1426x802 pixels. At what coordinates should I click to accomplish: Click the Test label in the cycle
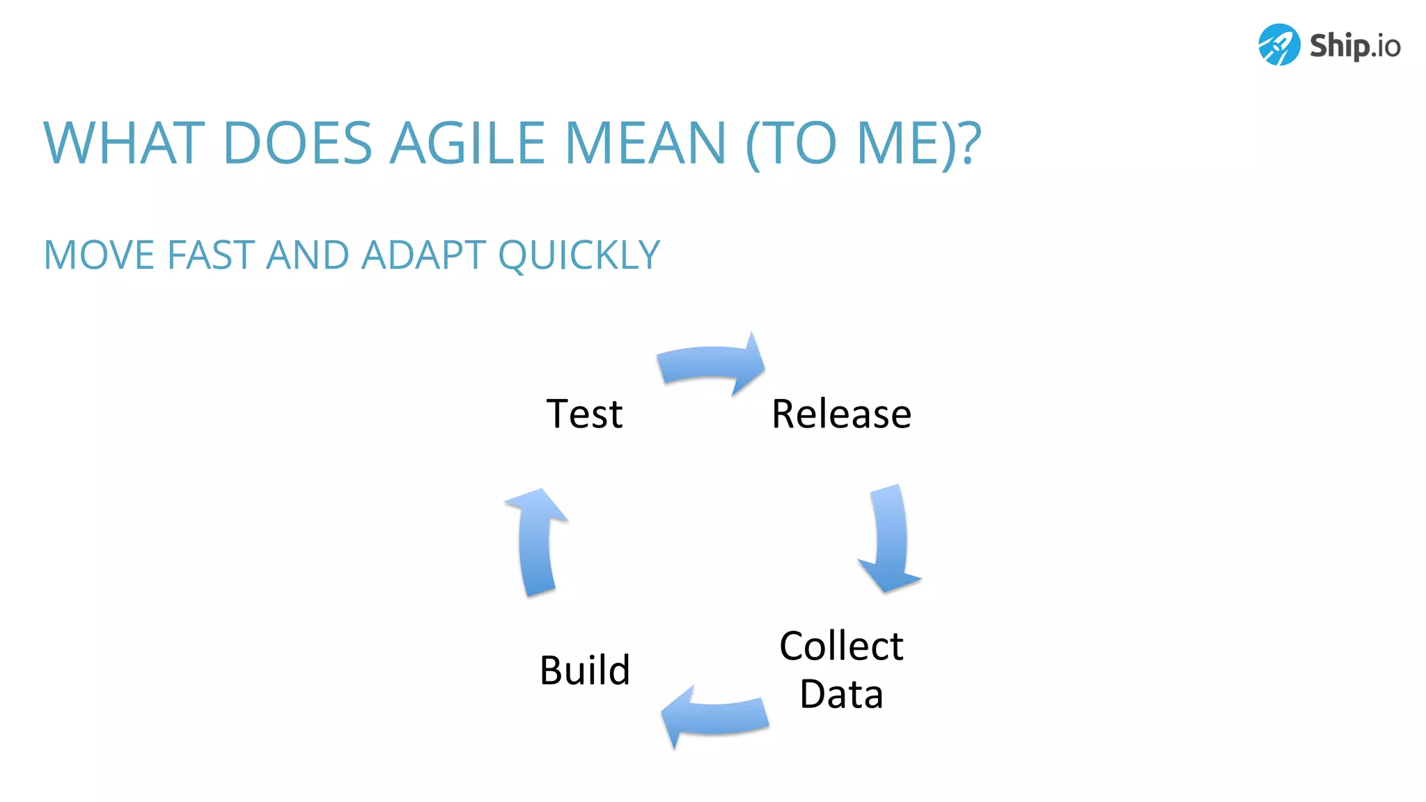click(584, 414)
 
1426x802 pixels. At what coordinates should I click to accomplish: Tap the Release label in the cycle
click(841, 414)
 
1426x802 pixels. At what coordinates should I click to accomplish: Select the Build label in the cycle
click(585, 670)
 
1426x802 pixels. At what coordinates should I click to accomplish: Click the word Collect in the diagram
click(841, 645)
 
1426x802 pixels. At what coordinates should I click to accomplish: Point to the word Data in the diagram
click(841, 694)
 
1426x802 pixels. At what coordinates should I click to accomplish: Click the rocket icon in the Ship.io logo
click(1278, 45)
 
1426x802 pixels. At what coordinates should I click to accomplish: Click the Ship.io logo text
click(1354, 46)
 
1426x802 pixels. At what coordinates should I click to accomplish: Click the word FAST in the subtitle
click(210, 255)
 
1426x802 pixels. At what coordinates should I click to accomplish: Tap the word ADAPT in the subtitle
click(423, 255)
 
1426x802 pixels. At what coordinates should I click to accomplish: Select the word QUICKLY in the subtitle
click(579, 255)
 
